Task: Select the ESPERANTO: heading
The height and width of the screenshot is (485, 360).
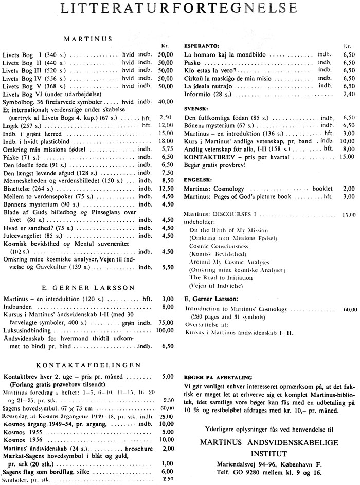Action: point(201,45)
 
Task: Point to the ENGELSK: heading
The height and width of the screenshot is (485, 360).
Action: point(197,180)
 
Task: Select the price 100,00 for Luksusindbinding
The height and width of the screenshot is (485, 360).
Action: point(164,330)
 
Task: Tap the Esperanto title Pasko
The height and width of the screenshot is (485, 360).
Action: point(192,62)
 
